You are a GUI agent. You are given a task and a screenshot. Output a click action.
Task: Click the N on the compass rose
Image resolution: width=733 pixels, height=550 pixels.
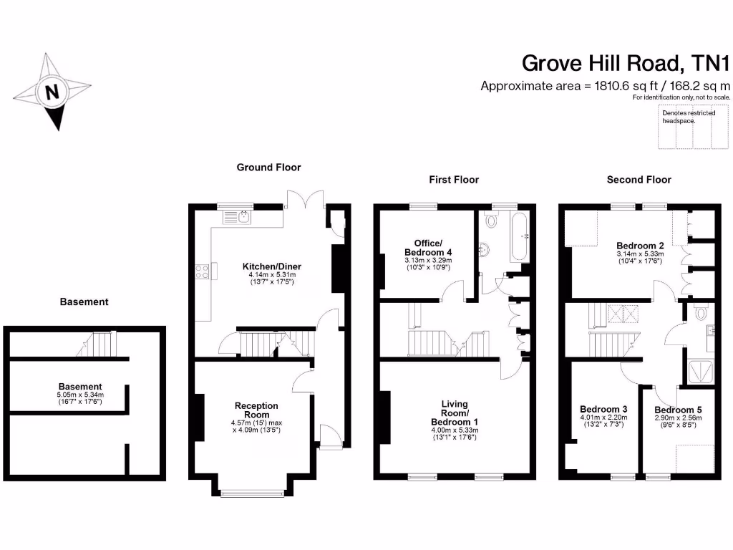coord(52,92)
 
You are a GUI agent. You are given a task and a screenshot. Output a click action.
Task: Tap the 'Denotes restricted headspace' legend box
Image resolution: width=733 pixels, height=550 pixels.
coord(692,127)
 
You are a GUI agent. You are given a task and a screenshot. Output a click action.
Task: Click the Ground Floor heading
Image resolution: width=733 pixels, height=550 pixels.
coord(268,168)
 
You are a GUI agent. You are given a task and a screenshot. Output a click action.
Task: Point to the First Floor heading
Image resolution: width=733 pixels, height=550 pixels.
coord(454,180)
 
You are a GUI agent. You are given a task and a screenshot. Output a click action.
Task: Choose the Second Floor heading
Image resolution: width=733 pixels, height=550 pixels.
coord(639,180)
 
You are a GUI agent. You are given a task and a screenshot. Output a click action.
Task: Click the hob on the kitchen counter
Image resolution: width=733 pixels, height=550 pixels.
coord(201,271)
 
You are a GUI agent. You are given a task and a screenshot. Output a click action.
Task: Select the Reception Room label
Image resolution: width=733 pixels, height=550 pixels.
coord(256,410)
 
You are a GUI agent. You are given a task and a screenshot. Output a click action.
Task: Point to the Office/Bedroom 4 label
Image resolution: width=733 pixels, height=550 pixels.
coord(428,248)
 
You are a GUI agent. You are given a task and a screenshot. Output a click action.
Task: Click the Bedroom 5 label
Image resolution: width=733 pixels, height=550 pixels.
coord(677,410)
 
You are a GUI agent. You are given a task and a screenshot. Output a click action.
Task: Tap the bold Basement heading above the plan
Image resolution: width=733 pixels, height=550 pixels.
coord(84,302)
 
